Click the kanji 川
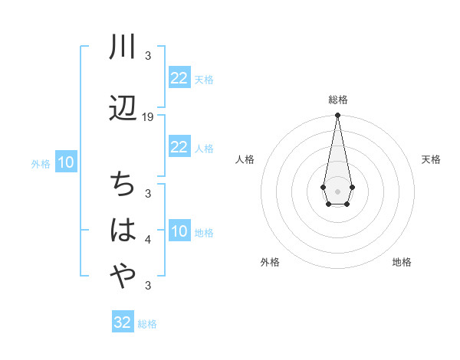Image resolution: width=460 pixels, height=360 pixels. pos(123,47)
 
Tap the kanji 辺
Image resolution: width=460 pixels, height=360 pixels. pos(123,108)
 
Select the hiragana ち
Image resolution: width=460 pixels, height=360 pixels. pos(123,185)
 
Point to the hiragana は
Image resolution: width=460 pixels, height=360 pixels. pos(123,230)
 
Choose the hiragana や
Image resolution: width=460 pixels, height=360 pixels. pos(123,277)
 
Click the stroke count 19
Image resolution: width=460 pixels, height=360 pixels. pos(148,117)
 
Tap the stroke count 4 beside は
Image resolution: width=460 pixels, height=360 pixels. pos(148,240)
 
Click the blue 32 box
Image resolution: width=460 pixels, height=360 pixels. pos(123,322)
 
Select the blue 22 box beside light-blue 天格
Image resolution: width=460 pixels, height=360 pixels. pos(179,78)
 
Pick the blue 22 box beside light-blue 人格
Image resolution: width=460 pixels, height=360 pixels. pos(179,147)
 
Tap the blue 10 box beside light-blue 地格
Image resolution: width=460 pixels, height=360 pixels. pos(179,232)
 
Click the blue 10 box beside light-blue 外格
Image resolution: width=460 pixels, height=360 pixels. pos(65,162)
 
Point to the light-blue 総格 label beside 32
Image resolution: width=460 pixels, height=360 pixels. pos(147,324)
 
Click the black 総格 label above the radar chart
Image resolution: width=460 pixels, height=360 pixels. pos(338,100)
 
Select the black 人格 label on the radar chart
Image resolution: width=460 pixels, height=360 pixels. pos(245,159)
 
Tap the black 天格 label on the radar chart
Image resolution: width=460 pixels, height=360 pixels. pos(431,159)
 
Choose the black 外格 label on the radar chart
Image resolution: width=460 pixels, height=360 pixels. pos(270,263)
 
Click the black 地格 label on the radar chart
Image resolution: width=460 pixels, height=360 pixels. pos(402,263)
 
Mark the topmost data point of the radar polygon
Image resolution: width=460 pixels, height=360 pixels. pos(337,115)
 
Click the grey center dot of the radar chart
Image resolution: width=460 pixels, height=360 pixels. pos(337,190)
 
